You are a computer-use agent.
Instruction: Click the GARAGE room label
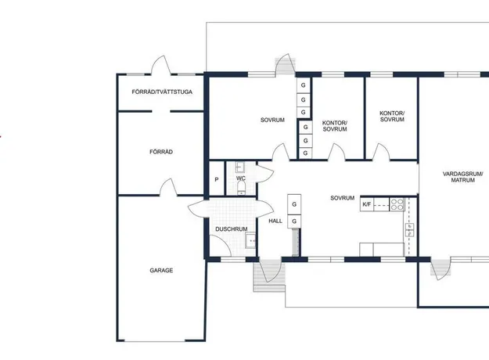[x=161, y=271]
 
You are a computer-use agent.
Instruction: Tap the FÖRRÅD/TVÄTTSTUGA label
[x=162, y=92]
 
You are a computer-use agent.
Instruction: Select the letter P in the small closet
[x=217, y=180]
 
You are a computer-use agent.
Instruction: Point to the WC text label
[x=241, y=178]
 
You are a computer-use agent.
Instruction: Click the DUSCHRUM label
[x=232, y=229]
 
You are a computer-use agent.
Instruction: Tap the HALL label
[x=275, y=221]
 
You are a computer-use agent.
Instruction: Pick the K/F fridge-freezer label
[x=367, y=204]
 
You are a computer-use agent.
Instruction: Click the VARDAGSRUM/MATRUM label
[x=463, y=177]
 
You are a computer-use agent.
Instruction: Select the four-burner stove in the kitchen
[x=397, y=204]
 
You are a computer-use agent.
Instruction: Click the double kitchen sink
[x=409, y=230]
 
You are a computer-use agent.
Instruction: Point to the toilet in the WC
[x=241, y=188]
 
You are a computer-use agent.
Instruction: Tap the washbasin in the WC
[x=240, y=167]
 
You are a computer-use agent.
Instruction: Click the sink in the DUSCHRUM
[x=250, y=240]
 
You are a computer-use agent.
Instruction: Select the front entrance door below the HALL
[x=269, y=271]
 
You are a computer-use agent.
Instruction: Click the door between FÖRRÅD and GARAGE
[x=168, y=188]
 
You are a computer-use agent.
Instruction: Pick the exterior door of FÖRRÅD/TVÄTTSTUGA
[x=161, y=66]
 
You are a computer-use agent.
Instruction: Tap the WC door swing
[x=264, y=174]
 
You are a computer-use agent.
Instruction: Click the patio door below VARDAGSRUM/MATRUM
[x=440, y=269]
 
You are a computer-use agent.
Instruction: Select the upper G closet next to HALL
[x=294, y=204]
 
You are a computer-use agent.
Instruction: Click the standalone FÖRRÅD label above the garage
[x=161, y=152]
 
